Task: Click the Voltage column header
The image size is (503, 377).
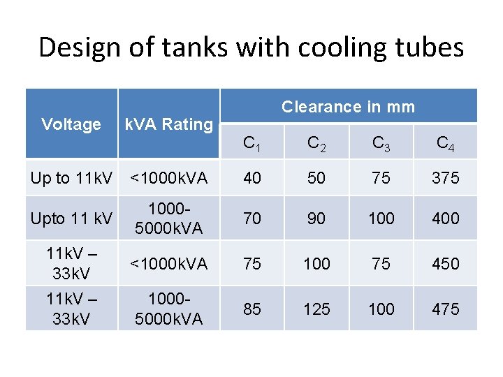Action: (x=71, y=124)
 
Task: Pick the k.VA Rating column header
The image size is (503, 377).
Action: (x=168, y=124)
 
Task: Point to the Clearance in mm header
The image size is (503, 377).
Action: (x=348, y=107)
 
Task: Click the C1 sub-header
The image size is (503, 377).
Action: (x=251, y=144)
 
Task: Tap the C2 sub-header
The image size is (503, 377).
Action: (x=316, y=144)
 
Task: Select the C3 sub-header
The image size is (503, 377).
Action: (x=381, y=144)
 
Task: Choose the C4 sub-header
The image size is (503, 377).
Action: (x=445, y=144)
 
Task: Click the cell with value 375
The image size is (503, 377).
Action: (x=445, y=178)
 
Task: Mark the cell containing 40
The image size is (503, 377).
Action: (x=251, y=178)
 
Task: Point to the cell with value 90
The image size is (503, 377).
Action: (x=316, y=219)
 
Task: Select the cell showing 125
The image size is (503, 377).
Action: (x=316, y=309)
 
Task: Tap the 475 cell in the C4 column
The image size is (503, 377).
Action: (x=445, y=309)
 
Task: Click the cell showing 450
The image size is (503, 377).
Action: (x=445, y=264)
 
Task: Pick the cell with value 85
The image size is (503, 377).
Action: (x=251, y=309)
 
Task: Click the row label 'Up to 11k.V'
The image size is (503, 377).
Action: (x=71, y=178)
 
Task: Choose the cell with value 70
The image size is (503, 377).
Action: (x=251, y=219)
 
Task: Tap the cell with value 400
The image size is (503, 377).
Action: (x=445, y=219)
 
